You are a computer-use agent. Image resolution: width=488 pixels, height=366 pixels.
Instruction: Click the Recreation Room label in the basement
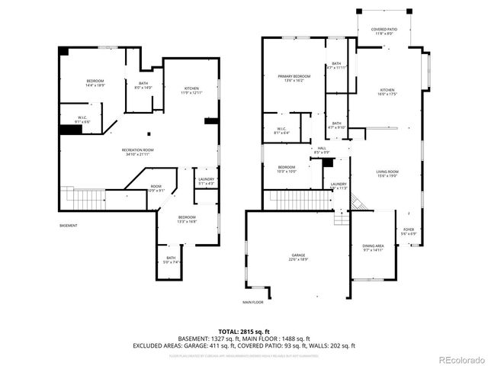click(138, 152)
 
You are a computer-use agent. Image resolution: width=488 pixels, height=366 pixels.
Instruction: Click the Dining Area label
click(373, 248)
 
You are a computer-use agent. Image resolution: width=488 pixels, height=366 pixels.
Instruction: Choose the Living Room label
click(387, 174)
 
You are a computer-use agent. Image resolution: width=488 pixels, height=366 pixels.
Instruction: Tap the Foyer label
click(409, 231)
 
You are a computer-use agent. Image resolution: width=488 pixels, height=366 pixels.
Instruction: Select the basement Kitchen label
click(191, 91)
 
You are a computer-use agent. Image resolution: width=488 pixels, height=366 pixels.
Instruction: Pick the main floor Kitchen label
click(387, 91)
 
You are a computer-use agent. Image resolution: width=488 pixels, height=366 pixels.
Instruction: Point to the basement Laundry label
click(206, 181)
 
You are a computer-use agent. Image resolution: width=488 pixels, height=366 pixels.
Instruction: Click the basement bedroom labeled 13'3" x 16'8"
click(187, 220)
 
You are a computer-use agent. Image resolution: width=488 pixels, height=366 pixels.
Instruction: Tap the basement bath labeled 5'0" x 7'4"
click(170, 260)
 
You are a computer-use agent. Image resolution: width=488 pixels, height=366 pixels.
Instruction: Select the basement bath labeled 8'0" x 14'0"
click(143, 85)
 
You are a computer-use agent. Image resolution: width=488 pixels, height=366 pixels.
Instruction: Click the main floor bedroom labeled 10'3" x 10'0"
click(287, 169)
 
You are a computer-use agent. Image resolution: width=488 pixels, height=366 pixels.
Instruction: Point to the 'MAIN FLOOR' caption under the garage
click(253, 303)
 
